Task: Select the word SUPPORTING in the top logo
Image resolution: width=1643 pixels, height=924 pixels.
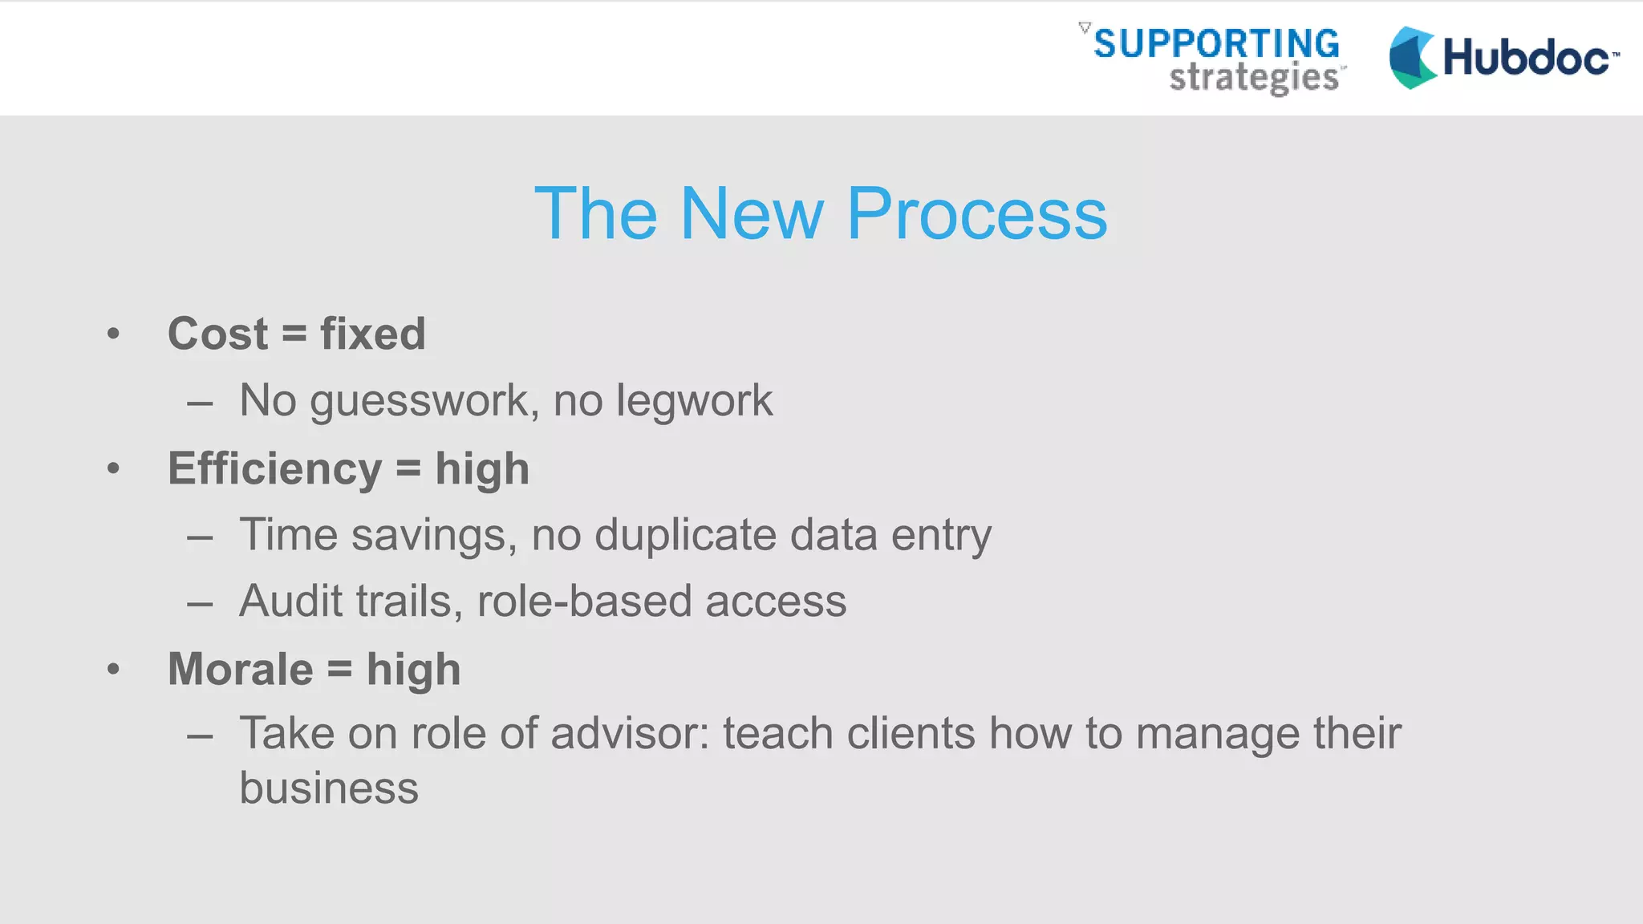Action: [1216, 43]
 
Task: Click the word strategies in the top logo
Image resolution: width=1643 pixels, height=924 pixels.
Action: [1254, 79]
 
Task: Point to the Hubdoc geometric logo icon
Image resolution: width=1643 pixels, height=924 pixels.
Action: [1412, 58]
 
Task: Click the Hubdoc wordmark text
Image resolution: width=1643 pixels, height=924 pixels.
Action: [1527, 58]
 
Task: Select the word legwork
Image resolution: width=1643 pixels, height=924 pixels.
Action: [694, 401]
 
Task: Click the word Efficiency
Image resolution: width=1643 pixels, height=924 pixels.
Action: [274, 469]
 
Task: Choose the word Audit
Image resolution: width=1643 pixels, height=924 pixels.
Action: [290, 601]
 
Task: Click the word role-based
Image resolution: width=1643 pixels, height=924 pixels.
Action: [583, 601]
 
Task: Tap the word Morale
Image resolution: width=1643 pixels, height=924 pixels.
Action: [241, 669]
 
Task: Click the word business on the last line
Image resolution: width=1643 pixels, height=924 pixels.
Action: [329, 788]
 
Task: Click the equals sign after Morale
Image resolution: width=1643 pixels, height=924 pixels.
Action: [339, 669]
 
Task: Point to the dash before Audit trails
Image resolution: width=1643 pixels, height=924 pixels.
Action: [200, 603]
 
